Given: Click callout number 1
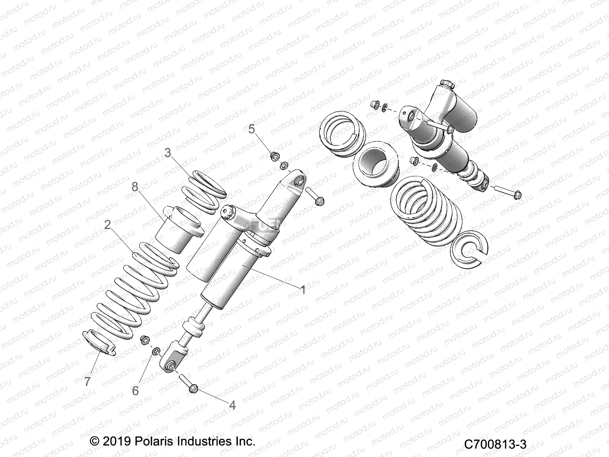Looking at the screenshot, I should [x=303, y=290].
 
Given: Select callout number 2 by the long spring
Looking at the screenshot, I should [x=107, y=225].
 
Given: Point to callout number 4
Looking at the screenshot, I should [x=232, y=405].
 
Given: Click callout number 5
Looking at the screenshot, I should [x=251, y=129].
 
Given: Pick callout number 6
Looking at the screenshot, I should [x=136, y=391].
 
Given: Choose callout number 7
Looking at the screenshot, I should [x=88, y=382].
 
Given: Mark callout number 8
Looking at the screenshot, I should [x=134, y=187].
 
